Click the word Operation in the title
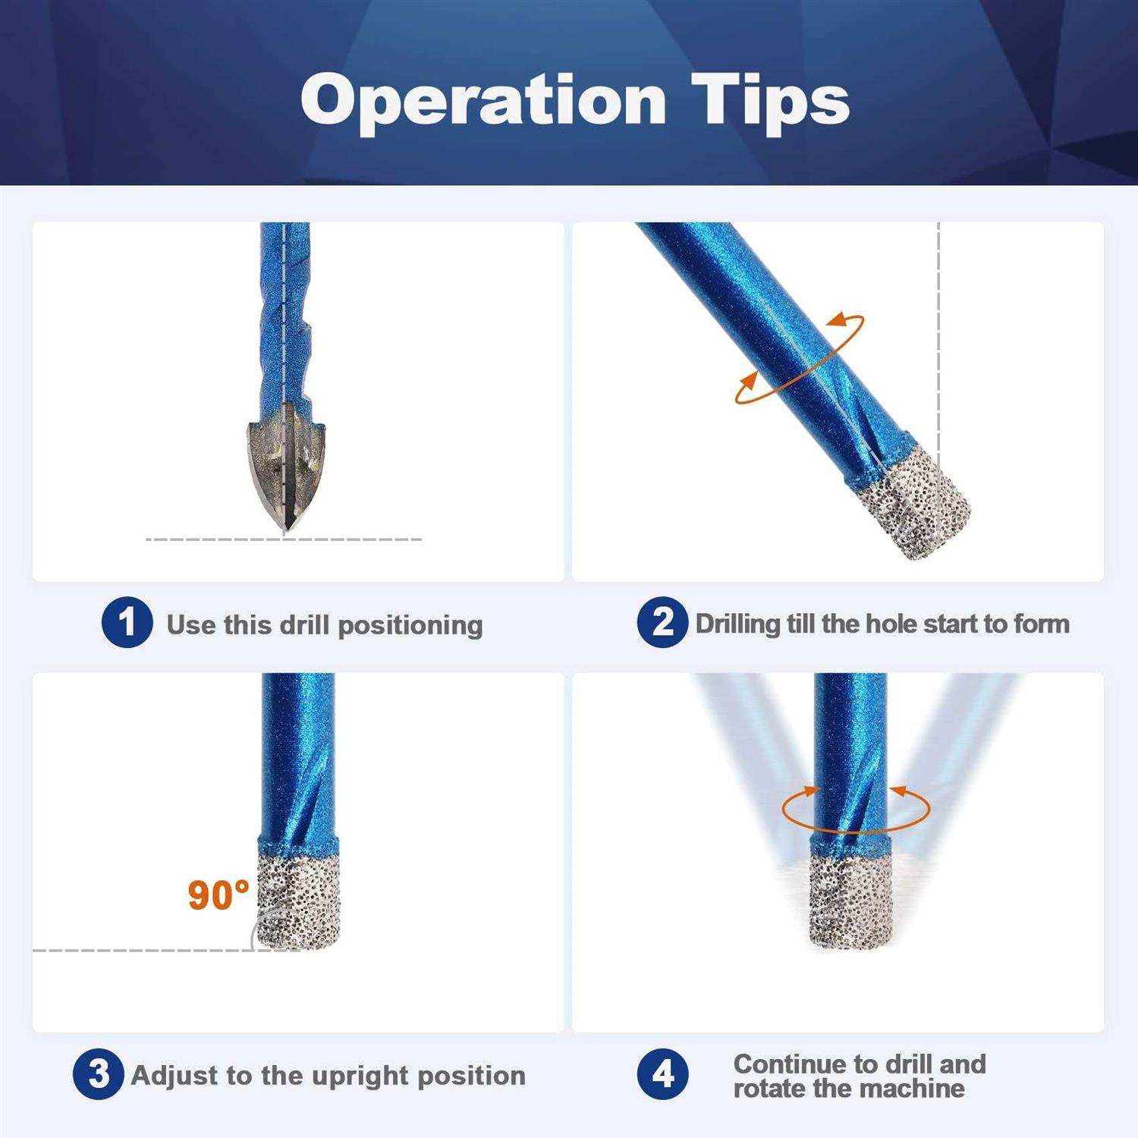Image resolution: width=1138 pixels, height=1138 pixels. (x=483, y=101)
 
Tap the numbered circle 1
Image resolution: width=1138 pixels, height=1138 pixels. (x=127, y=622)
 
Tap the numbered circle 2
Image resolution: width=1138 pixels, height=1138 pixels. (x=662, y=622)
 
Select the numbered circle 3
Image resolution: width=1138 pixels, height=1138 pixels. (x=98, y=1074)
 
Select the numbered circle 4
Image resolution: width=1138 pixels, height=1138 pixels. (x=662, y=1074)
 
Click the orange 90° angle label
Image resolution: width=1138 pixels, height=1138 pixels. (x=218, y=895)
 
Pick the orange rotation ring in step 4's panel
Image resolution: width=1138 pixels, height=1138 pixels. (x=856, y=809)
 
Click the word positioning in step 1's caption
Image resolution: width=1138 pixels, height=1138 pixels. (x=410, y=625)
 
